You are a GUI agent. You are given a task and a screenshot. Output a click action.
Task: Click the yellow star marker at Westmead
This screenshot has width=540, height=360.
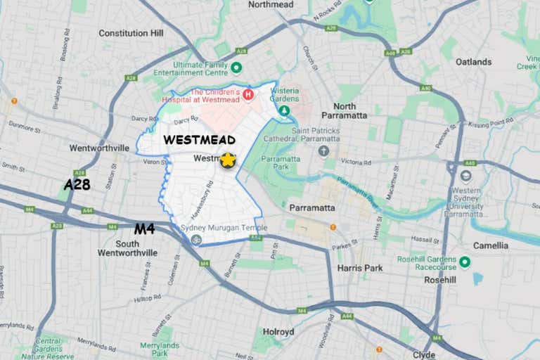click(227, 160)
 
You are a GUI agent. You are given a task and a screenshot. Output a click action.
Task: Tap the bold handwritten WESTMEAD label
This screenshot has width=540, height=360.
click(199, 140)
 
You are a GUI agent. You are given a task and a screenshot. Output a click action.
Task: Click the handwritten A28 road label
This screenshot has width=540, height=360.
click(77, 184)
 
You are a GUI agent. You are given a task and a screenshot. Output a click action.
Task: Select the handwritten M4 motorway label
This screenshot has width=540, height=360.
click(144, 229)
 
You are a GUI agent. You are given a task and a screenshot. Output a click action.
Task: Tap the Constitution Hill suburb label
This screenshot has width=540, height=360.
click(131, 33)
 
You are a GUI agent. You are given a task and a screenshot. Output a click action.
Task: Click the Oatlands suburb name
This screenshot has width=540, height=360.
click(473, 62)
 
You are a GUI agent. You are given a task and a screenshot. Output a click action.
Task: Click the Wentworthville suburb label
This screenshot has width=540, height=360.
click(99, 148)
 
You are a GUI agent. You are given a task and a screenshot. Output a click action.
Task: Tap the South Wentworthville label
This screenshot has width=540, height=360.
click(127, 248)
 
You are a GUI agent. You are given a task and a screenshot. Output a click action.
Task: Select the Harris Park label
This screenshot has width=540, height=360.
click(359, 268)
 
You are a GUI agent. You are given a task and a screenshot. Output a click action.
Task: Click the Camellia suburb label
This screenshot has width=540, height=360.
click(491, 245)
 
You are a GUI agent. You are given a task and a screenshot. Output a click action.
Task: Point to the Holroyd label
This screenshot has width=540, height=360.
click(278, 331)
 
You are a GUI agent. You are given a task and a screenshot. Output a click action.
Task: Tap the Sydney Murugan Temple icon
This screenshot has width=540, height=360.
click(196, 240)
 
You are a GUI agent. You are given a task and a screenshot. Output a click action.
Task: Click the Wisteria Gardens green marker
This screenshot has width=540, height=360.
click(284, 110)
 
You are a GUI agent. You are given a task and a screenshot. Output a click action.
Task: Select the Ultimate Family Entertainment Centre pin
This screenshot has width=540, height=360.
click(237, 67)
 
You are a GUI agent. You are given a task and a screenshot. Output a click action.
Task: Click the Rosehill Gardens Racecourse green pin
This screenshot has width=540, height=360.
click(464, 262)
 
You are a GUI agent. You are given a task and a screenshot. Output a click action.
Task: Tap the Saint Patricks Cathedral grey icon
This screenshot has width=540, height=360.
click(323, 151)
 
